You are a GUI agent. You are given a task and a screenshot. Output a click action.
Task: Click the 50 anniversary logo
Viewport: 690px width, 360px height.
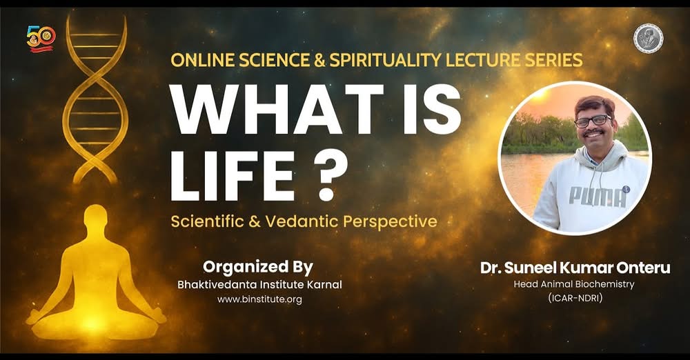41,39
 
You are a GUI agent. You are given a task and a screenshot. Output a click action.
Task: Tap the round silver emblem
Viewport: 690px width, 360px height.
648,38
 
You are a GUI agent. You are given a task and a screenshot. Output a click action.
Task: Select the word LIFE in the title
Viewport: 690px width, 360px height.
231,176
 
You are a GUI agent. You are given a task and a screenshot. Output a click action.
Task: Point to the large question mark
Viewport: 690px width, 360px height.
326,176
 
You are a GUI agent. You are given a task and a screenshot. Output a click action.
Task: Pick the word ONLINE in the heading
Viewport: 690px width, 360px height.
202,60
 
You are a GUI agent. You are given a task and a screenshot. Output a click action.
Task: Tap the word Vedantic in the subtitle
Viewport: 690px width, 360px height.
302,221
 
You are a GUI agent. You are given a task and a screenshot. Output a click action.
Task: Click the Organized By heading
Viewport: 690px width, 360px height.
258,267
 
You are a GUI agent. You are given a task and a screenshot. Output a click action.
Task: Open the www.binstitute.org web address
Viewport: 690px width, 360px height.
259,300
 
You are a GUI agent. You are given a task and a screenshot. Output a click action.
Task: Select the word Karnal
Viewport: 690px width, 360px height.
325,285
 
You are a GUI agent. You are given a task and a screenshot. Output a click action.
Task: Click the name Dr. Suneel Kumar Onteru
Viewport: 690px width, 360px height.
575,268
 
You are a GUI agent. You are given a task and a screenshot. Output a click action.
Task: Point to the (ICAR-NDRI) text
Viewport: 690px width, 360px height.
575,298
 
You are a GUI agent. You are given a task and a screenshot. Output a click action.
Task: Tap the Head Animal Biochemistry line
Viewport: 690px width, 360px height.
574,284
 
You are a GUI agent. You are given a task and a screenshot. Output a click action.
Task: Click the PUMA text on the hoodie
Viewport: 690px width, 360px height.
597,197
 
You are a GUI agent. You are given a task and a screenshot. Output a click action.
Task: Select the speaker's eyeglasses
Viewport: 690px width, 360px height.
593,121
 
